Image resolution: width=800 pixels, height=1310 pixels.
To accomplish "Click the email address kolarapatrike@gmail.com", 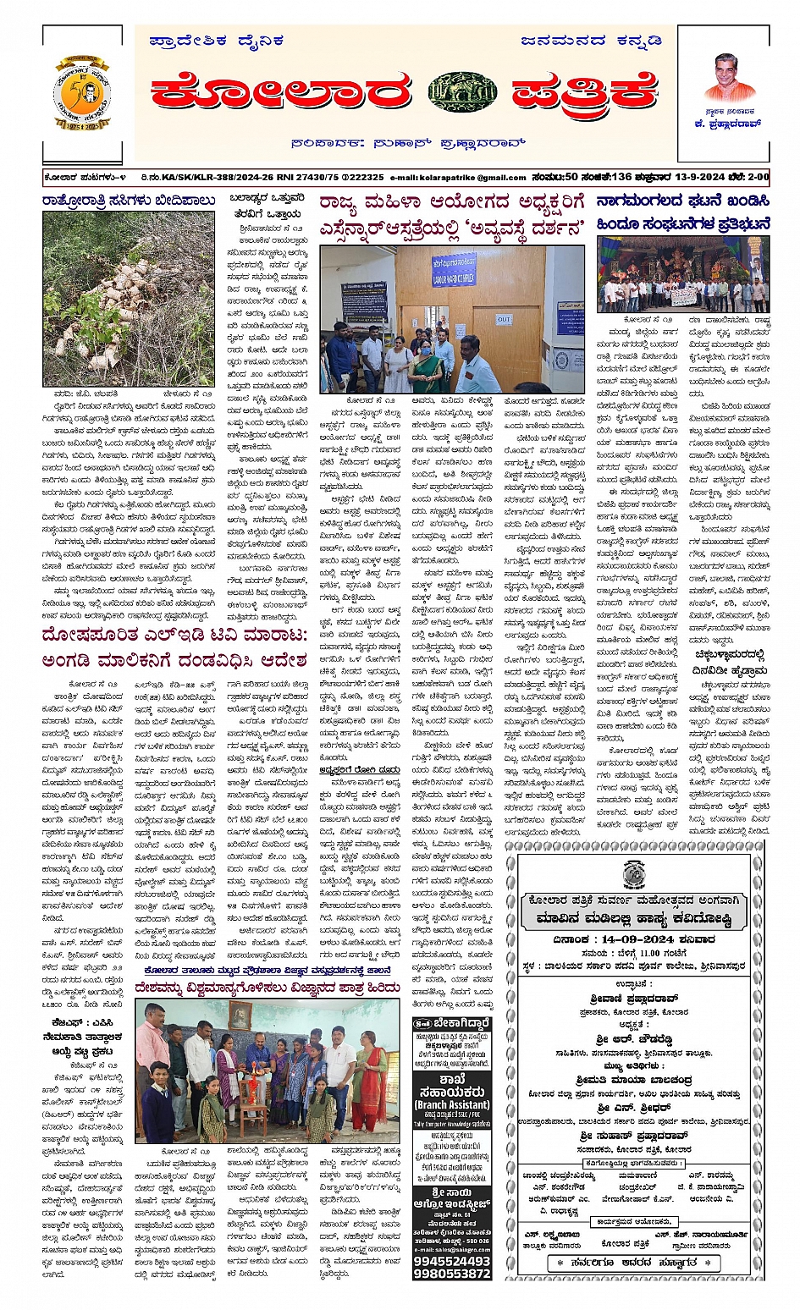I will click(458, 178).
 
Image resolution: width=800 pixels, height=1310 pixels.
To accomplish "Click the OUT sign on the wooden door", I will click(504, 320).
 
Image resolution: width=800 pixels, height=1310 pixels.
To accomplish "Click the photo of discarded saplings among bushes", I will click(129, 298).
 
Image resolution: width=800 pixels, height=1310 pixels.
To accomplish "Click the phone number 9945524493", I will click(452, 1260).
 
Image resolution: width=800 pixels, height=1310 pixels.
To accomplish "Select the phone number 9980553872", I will click(452, 1273).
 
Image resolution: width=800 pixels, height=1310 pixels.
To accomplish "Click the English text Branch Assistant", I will click(452, 1104).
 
